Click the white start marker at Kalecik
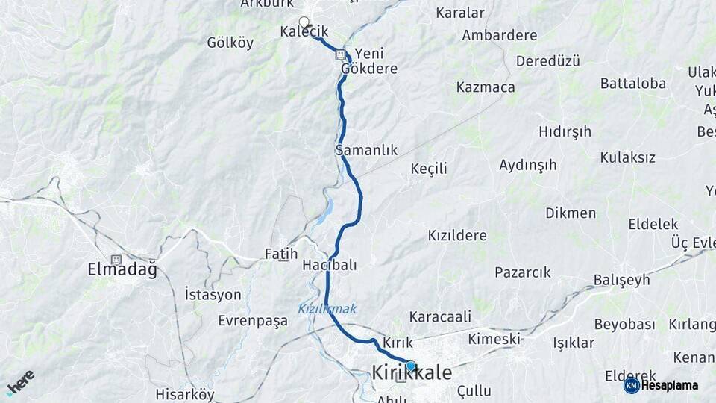point(304,22)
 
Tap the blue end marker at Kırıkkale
point(410,366)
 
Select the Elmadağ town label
point(122,270)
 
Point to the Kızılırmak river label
point(327,309)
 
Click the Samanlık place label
point(366,150)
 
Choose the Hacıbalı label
point(330,265)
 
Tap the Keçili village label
point(429,169)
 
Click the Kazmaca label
point(486,87)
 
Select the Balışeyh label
point(621,280)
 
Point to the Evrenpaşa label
point(253,321)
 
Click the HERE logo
point(20,382)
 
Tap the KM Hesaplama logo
point(661,385)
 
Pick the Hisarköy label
point(185,394)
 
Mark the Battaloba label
point(632,84)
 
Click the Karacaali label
point(440,316)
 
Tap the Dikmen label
point(571,213)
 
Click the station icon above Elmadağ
point(116,259)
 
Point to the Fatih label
point(281,254)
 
